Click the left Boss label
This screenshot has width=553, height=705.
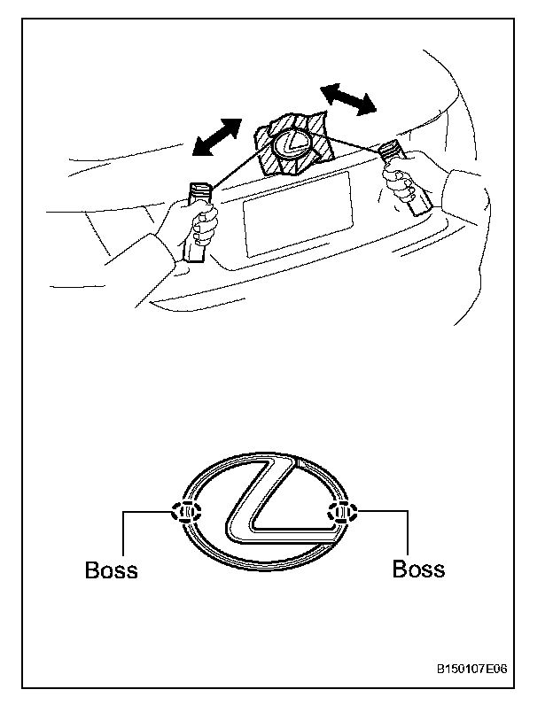112,569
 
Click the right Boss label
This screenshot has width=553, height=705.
418,568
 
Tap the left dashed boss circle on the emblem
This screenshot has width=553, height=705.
187,511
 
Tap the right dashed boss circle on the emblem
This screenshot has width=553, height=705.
341,511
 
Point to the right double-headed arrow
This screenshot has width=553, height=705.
347,98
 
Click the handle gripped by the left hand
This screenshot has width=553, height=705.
199,221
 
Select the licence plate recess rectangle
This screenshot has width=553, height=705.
298,214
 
